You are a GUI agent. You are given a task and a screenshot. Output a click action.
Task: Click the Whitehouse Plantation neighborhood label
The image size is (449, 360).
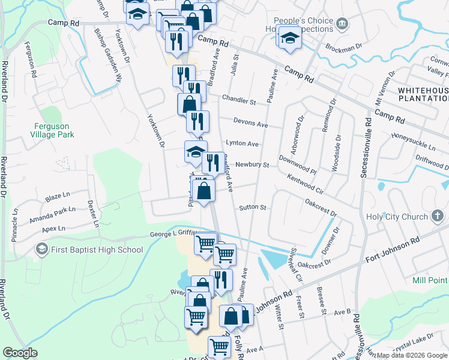pos(423,94)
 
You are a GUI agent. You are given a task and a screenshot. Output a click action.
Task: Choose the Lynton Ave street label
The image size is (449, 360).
pos(242,144)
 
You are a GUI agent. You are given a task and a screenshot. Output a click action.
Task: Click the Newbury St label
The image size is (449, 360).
pos(252,164)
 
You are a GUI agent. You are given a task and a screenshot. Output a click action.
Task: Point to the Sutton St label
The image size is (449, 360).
pos(252,208)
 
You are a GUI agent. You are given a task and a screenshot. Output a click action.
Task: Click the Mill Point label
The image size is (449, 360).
pos(431,280)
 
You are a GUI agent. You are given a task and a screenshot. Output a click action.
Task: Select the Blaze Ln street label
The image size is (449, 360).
pos(58,197)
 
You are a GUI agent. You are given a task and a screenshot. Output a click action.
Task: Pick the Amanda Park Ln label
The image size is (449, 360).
pos(56,212)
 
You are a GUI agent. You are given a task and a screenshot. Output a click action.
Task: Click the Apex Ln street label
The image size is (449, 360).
pos(53,229)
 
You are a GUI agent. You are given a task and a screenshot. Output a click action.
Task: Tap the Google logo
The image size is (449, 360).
pos(20,353)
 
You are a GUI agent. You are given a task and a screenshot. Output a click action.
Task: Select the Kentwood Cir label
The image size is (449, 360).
pos(306,185)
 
